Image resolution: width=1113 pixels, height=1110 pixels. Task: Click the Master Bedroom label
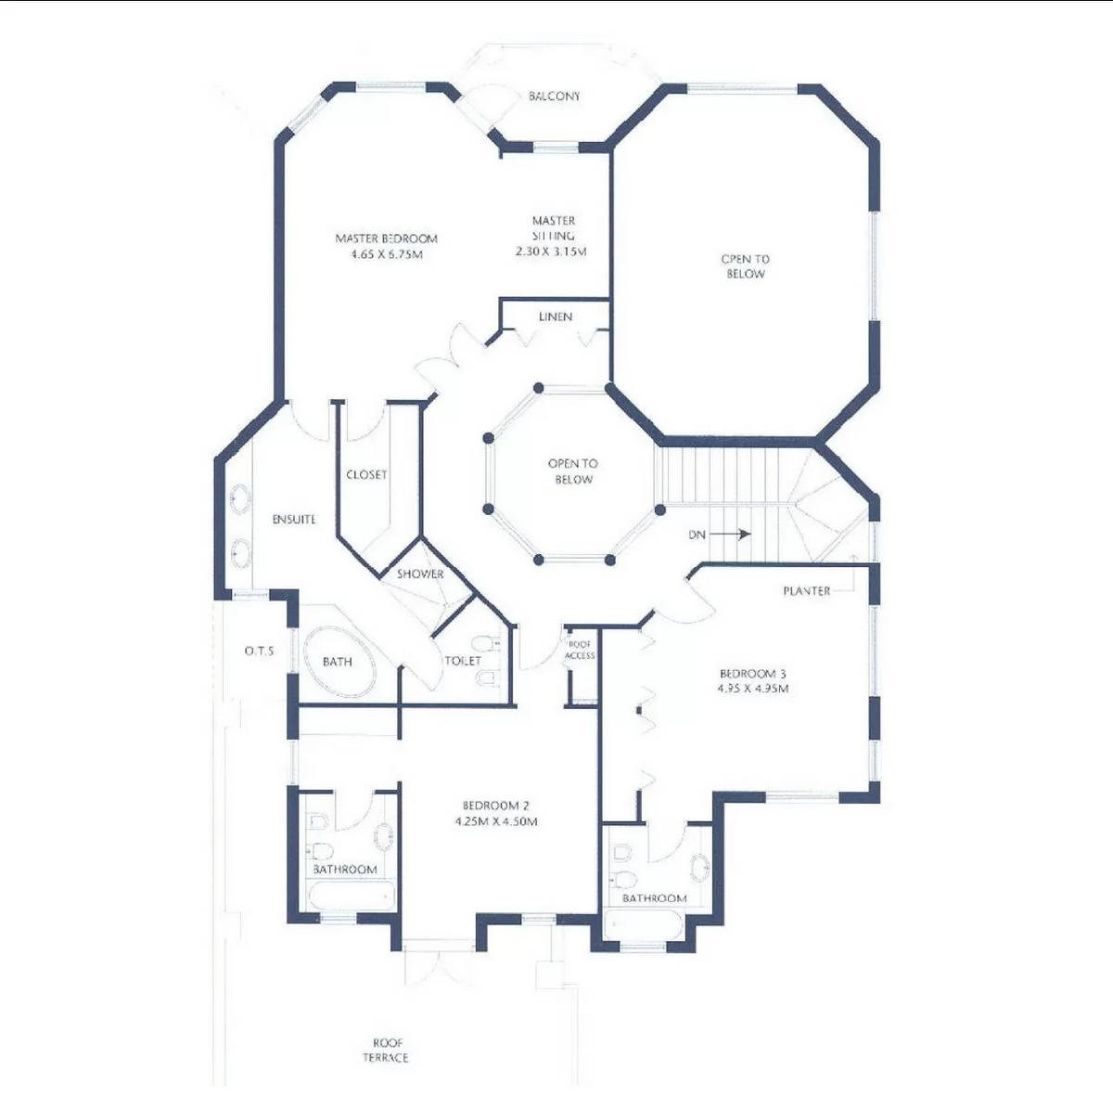click(x=386, y=239)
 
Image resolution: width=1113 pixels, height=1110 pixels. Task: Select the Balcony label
click(x=554, y=97)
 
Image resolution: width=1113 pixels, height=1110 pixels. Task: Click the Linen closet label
click(x=556, y=317)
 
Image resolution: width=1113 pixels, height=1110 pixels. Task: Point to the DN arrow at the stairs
click(x=733, y=535)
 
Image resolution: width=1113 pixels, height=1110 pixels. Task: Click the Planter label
click(x=806, y=591)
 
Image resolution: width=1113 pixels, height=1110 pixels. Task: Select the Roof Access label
click(x=580, y=650)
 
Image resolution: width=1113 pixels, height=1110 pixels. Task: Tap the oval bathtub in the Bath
click(x=339, y=661)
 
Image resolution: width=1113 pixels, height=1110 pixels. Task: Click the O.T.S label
click(x=259, y=652)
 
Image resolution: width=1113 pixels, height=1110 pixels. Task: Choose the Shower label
click(x=420, y=574)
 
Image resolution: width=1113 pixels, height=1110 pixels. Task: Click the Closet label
click(x=366, y=475)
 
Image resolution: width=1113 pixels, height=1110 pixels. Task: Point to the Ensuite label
click(x=294, y=520)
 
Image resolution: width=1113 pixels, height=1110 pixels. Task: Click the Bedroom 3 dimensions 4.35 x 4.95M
click(x=753, y=690)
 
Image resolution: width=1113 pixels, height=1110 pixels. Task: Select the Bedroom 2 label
click(x=496, y=806)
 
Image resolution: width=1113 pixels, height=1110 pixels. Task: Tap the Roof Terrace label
click(x=385, y=1050)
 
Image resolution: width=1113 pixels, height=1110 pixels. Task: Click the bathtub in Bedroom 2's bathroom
click(x=350, y=897)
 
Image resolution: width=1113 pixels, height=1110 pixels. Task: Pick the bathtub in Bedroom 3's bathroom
click(x=643, y=925)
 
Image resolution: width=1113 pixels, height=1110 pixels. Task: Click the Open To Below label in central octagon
click(x=573, y=471)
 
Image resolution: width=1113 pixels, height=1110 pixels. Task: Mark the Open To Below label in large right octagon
click(x=746, y=266)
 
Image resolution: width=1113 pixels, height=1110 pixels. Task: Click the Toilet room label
click(x=463, y=661)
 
